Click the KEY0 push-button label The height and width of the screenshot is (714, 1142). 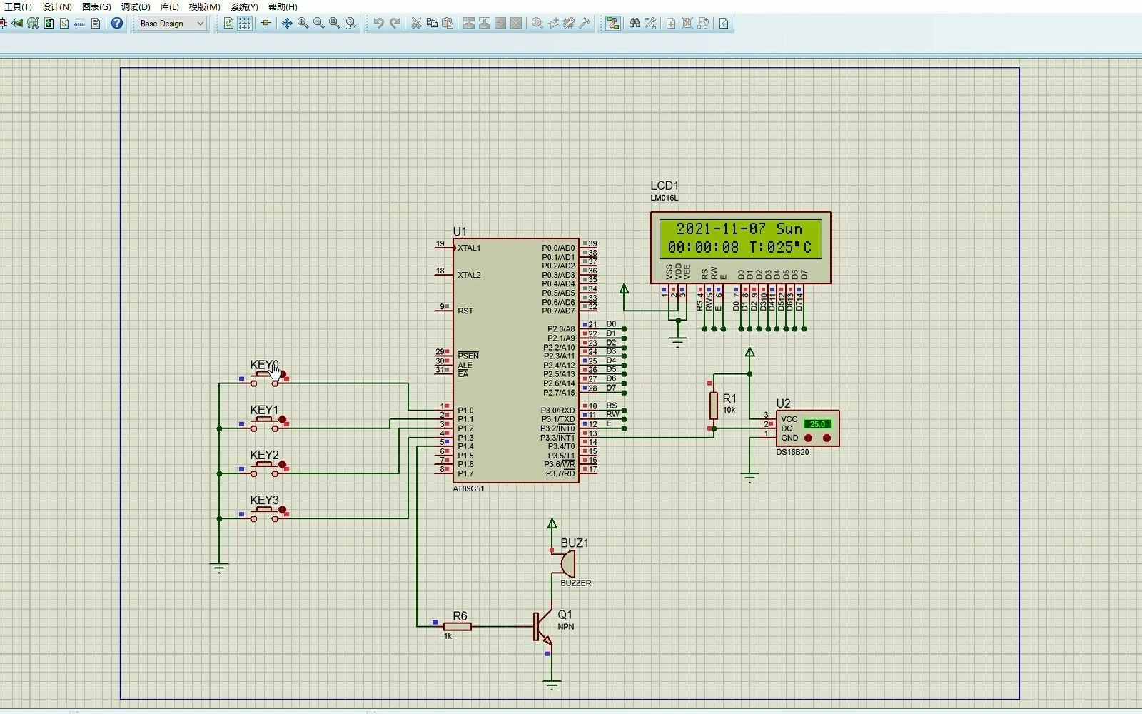point(263,365)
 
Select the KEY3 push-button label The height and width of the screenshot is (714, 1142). point(264,500)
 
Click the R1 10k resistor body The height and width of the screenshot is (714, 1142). point(713,405)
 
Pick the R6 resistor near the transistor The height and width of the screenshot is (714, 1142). point(458,626)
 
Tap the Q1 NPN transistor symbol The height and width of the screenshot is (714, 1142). point(542,626)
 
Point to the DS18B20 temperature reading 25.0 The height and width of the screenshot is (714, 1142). point(817,424)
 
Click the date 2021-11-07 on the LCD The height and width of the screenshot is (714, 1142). point(721,229)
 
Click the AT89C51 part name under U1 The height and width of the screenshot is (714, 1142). point(468,489)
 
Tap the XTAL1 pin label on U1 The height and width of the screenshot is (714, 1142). point(469,248)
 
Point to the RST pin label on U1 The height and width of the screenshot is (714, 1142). point(465,311)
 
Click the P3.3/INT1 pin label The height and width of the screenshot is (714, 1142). point(557,438)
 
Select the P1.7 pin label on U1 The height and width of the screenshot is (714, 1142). point(465,473)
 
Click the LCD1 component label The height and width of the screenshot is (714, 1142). point(664,186)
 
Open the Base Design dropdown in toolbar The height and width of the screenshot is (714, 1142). point(172,24)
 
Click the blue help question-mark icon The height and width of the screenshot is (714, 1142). point(117,24)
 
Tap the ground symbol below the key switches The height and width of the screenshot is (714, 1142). point(219,568)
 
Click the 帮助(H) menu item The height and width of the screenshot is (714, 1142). point(283,7)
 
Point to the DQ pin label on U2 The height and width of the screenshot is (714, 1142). point(787,428)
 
